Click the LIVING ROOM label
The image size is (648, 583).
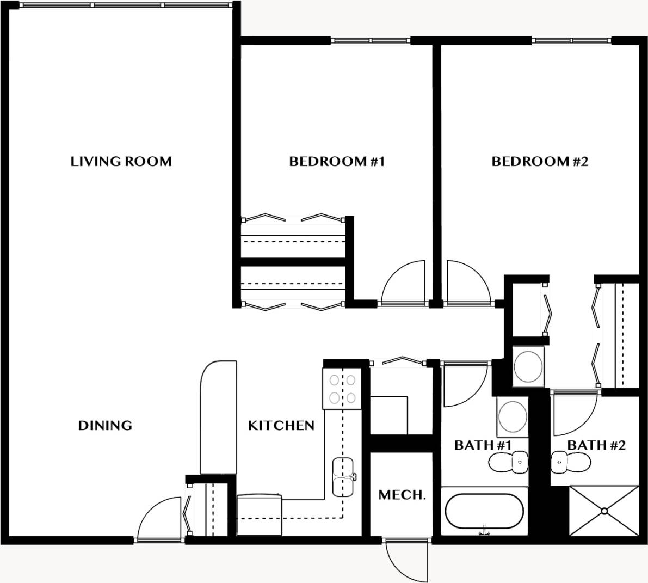click(x=121, y=162)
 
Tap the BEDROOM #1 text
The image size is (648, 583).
click(x=337, y=162)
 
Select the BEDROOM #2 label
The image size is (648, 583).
click(x=540, y=162)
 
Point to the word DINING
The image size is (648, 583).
click(x=105, y=425)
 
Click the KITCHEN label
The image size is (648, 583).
click(x=281, y=425)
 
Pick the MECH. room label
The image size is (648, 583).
click(x=402, y=495)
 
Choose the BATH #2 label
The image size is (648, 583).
click(x=596, y=445)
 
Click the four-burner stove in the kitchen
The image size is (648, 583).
click(x=342, y=389)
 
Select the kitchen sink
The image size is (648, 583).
click(x=343, y=477)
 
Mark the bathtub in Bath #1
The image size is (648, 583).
click(x=484, y=511)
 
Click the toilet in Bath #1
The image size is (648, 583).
click(x=508, y=463)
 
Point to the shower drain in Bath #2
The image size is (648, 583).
click(x=604, y=511)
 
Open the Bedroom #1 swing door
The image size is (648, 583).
click(x=404, y=283)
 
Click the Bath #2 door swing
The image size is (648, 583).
click(x=574, y=414)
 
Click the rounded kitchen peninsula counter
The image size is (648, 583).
click(x=219, y=416)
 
